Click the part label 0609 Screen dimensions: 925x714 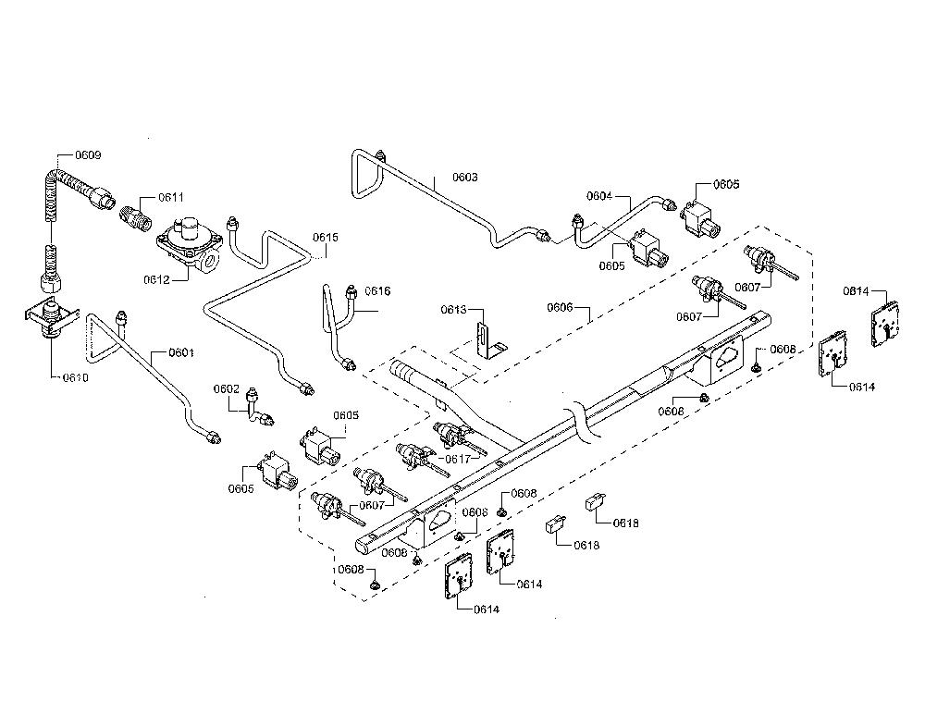pyautogui.click(x=88, y=155)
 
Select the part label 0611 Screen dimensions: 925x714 pyautogui.click(x=171, y=197)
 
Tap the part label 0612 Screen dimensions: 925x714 pyautogui.click(x=156, y=279)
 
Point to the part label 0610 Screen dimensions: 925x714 pyautogui.click(x=76, y=377)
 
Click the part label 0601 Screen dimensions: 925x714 pyautogui.click(x=181, y=353)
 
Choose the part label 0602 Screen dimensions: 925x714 pyautogui.click(x=227, y=388)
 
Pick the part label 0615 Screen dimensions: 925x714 pyautogui.click(x=326, y=237)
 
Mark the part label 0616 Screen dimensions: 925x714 pyautogui.click(x=377, y=291)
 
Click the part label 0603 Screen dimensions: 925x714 pyautogui.click(x=465, y=177)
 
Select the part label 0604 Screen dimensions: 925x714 pyautogui.click(x=599, y=196)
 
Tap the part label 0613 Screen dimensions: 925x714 pyautogui.click(x=453, y=309)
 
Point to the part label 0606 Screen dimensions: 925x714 pyautogui.click(x=560, y=307)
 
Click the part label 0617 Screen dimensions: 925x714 pyautogui.click(x=458, y=459)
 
